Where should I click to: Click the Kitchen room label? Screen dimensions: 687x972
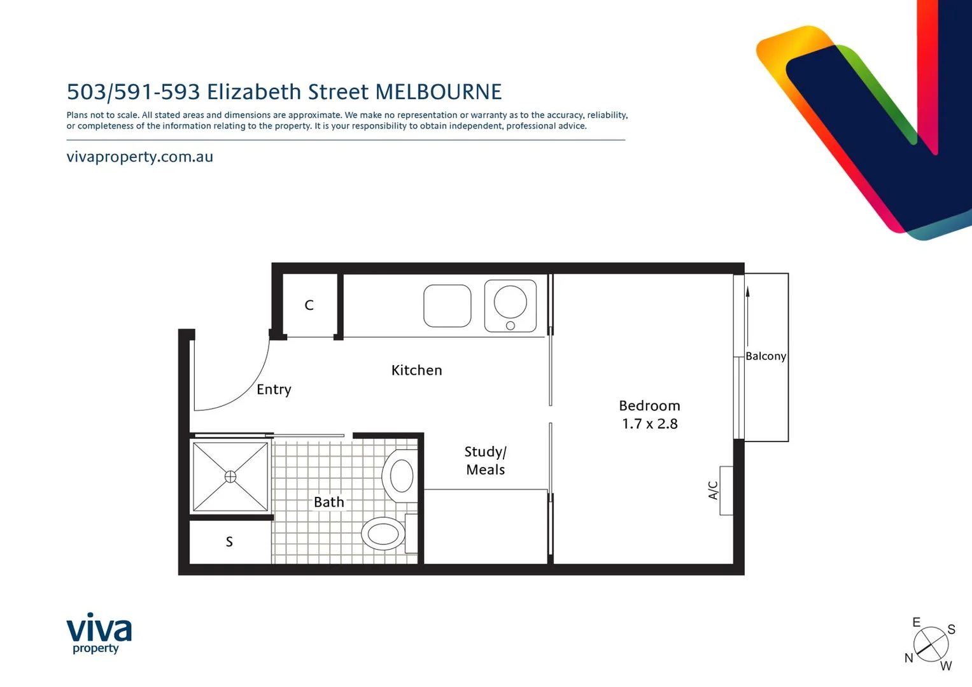(x=416, y=370)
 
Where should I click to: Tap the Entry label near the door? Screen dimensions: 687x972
(x=274, y=389)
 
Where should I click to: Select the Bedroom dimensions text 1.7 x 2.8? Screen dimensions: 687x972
(x=649, y=424)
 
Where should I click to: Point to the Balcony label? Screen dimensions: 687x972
(x=766, y=356)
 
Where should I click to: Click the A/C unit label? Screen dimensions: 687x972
(x=714, y=490)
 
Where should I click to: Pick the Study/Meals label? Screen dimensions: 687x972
(x=485, y=461)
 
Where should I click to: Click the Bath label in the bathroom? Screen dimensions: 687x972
(x=328, y=502)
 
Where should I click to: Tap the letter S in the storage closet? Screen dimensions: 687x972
(x=229, y=542)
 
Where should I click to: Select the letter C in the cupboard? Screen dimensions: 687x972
(x=309, y=305)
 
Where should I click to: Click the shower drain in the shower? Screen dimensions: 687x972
(x=230, y=476)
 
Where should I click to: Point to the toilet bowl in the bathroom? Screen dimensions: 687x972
(x=384, y=533)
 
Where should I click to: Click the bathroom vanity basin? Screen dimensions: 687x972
(x=401, y=476)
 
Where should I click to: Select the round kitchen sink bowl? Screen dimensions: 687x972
(x=511, y=302)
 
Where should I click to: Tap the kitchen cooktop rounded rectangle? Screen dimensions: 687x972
(x=447, y=306)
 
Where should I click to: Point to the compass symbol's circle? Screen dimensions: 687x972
(x=931, y=644)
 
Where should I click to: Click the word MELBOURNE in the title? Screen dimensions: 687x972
(x=439, y=92)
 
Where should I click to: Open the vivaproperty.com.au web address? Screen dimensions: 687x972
(x=140, y=157)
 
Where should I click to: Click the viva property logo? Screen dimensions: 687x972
(x=99, y=633)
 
